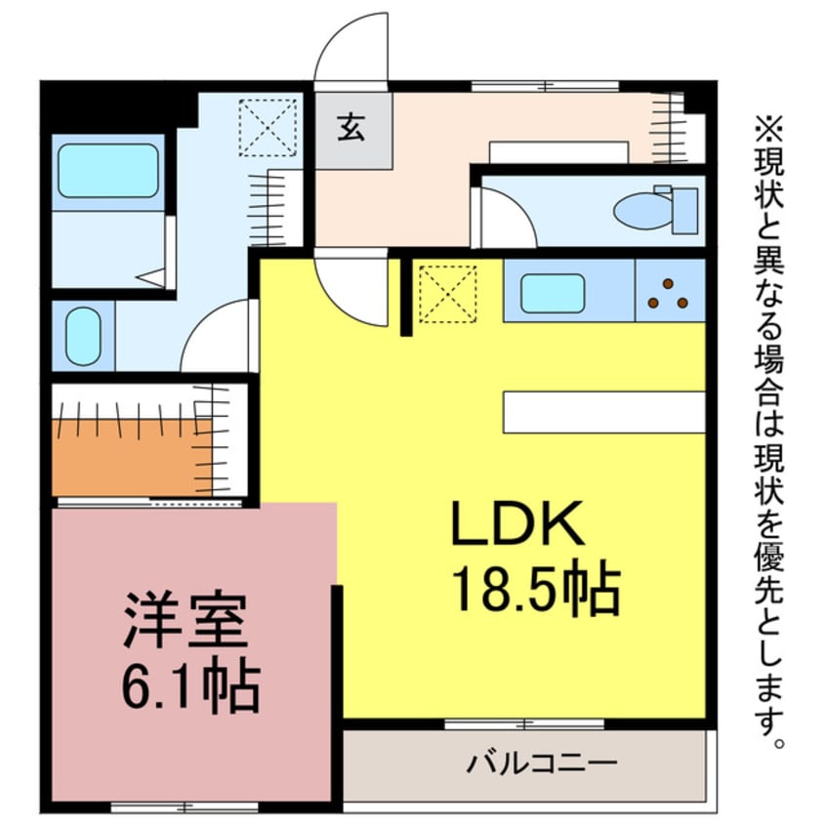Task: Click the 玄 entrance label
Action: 351,128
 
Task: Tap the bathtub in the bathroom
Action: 107,173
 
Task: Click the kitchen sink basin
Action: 552,293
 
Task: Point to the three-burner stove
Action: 669,292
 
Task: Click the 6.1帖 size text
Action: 190,687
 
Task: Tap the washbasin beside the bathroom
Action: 84,337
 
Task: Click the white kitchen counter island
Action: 604,411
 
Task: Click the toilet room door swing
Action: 505,219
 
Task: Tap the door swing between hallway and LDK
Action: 354,288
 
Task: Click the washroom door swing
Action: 217,338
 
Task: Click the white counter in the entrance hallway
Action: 558,151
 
